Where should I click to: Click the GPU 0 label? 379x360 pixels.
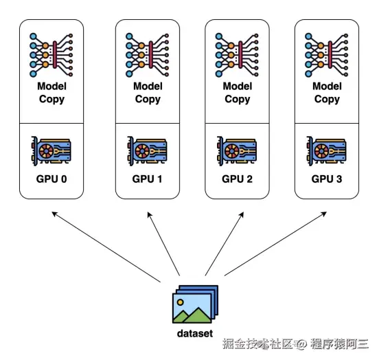(51, 179)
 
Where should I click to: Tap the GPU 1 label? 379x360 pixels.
(147, 179)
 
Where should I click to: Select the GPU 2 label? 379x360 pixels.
(237, 179)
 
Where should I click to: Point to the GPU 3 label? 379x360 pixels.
(327, 179)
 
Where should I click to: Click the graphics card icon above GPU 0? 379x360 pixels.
(51, 151)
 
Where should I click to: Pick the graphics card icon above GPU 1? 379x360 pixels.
(147, 151)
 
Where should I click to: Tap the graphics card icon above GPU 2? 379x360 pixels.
(237, 151)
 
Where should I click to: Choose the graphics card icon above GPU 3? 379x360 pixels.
(327, 151)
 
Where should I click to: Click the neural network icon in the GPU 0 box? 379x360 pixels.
(51, 55)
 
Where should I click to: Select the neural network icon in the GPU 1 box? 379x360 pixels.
(147, 55)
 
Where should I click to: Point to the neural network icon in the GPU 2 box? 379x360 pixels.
(237, 55)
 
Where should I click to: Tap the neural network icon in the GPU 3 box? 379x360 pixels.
(327, 55)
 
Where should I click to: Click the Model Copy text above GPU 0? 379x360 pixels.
(51, 93)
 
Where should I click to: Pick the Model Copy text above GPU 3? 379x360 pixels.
(327, 93)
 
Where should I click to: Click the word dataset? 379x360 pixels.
(195, 333)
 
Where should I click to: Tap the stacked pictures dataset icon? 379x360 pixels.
(195, 304)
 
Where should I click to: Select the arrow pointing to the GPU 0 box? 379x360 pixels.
(106, 247)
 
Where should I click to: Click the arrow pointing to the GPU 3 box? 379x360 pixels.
(275, 244)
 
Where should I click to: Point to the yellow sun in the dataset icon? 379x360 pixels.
(180, 302)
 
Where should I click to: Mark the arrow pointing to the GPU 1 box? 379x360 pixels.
(163, 244)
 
